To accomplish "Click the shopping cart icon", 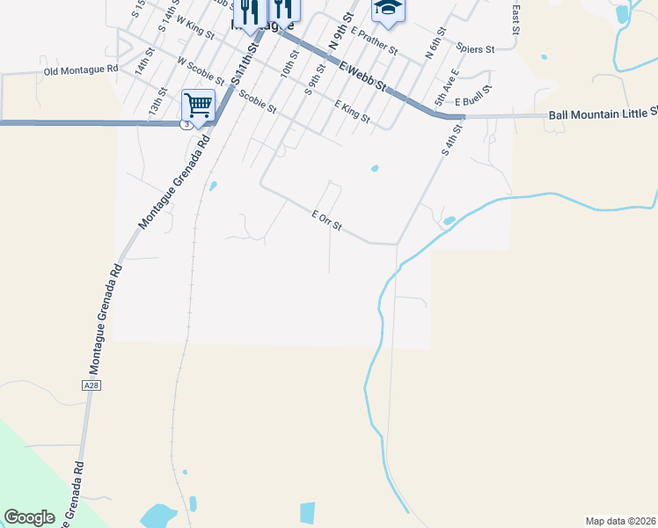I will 199,106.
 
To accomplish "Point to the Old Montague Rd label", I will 80,69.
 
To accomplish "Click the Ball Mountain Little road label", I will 603,114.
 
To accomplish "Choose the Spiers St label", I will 476,49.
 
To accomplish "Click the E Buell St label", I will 472,89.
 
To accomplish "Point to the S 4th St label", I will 451,141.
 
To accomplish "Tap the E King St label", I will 352,111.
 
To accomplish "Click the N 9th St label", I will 340,31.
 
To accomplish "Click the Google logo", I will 29,517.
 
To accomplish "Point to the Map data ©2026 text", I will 620,521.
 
